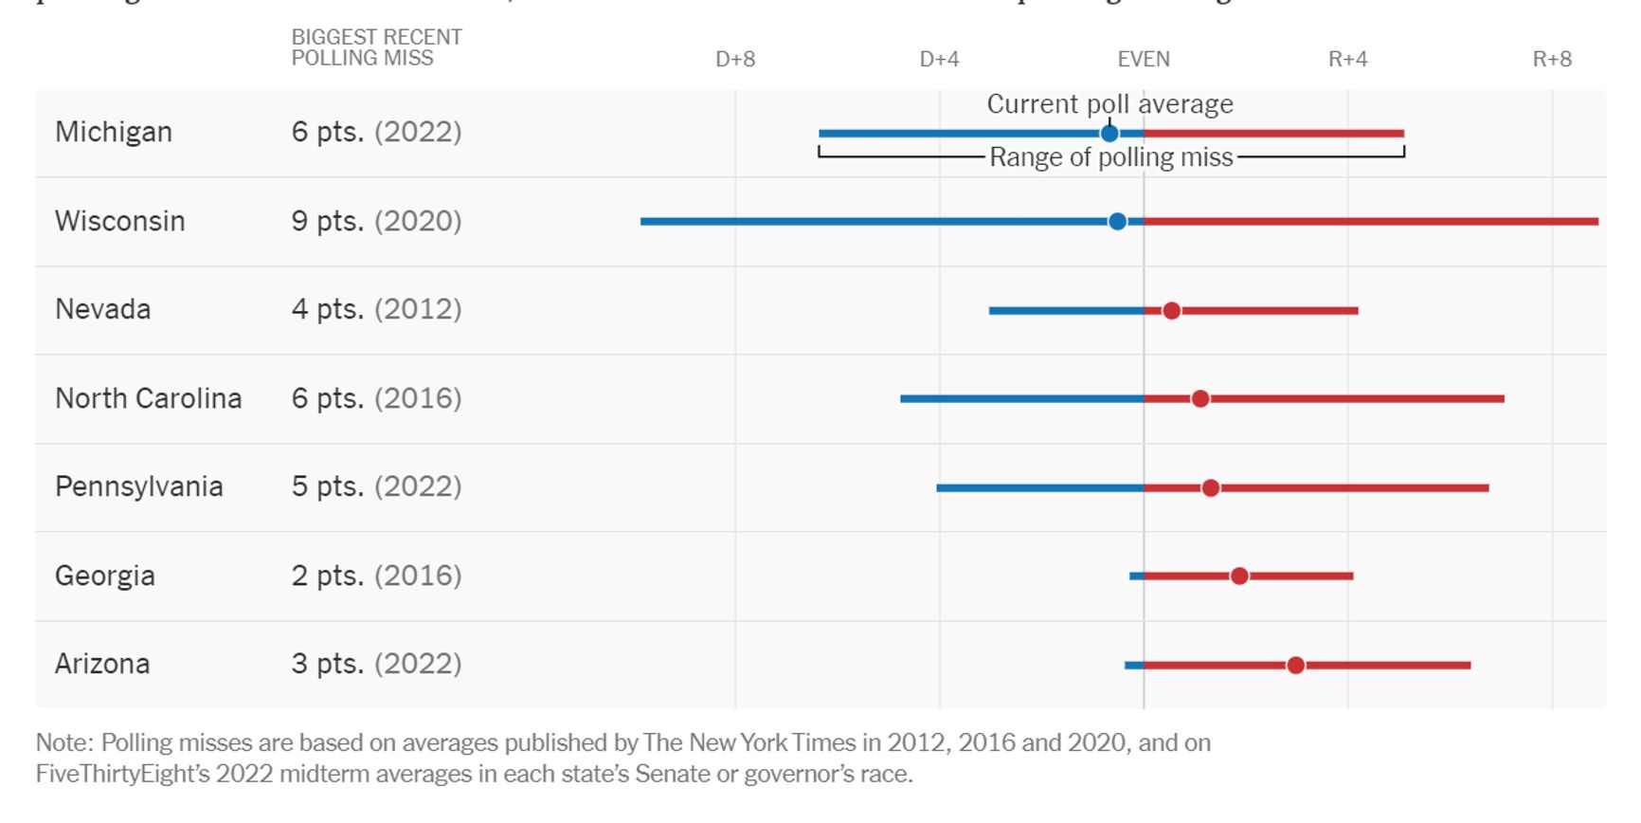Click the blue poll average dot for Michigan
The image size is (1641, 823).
click(1109, 134)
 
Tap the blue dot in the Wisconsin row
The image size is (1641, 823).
click(1117, 222)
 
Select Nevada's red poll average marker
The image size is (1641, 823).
click(1171, 311)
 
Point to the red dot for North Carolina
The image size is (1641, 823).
click(1200, 399)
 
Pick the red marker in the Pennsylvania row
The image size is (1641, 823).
click(1210, 488)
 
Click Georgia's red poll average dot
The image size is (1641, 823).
click(1239, 576)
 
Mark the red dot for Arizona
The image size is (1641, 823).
click(1295, 666)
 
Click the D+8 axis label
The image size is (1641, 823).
click(735, 60)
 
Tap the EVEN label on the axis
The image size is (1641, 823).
click(1144, 60)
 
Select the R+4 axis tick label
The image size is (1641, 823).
click(1347, 60)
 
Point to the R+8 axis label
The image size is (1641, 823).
click(1552, 60)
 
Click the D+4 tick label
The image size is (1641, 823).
click(939, 60)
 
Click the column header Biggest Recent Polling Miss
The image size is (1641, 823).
click(376, 47)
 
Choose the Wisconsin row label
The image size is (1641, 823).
click(120, 221)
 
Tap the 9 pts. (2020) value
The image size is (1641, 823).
click(376, 221)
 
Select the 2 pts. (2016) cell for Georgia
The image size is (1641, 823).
click(376, 576)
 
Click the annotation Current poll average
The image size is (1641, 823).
click(1109, 104)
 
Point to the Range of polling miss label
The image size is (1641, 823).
click(1110, 157)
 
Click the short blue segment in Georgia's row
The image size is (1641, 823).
click(1136, 576)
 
